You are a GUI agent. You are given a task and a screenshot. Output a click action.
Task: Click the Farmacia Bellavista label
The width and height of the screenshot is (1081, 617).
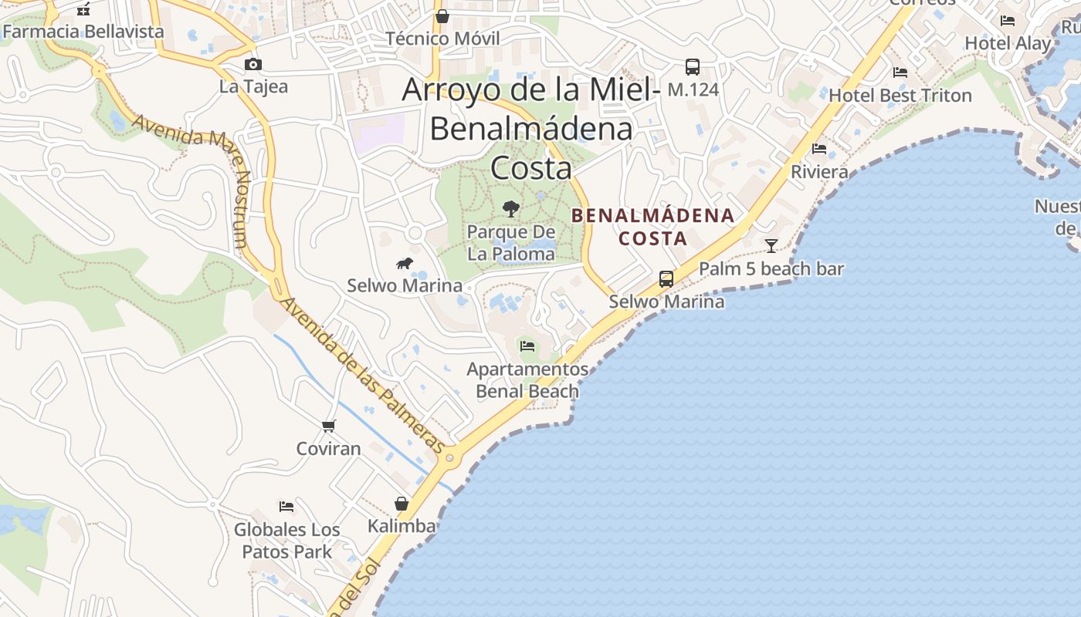click(x=83, y=32)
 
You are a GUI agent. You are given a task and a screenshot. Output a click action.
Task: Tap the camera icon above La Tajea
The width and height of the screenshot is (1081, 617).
click(x=252, y=65)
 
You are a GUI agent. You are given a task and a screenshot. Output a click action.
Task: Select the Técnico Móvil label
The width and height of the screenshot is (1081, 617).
click(x=442, y=38)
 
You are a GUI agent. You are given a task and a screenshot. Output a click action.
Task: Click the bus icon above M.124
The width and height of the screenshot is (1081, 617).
click(x=693, y=67)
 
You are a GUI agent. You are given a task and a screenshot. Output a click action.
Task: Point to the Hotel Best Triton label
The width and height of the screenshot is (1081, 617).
click(x=900, y=96)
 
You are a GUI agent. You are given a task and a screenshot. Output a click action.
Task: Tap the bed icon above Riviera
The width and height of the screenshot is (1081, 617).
click(x=819, y=149)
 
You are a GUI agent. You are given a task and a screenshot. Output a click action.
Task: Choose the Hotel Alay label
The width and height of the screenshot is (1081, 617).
click(x=1008, y=43)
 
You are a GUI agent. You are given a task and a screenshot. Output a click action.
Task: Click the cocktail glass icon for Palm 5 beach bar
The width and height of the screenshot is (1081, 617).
click(x=771, y=246)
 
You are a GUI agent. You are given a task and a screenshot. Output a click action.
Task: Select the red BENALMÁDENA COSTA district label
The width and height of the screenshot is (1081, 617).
click(x=653, y=227)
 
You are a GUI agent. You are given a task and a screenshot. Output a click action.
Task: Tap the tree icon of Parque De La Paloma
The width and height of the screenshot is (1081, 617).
click(x=510, y=208)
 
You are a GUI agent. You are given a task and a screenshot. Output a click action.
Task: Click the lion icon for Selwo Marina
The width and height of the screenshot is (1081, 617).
click(x=405, y=264)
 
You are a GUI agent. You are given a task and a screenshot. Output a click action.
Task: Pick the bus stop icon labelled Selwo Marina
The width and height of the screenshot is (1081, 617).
click(x=666, y=279)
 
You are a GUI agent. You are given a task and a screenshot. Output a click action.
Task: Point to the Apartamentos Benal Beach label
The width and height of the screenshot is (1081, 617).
click(x=527, y=380)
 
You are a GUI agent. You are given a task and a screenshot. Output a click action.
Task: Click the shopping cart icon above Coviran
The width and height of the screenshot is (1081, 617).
click(x=329, y=426)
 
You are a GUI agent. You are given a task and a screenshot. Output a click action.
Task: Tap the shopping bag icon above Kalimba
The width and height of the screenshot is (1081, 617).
click(x=402, y=504)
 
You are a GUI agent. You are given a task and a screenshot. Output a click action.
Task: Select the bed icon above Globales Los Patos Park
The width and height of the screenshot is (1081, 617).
click(x=286, y=507)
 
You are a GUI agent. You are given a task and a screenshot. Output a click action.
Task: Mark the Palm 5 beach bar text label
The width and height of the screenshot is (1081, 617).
click(x=771, y=269)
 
